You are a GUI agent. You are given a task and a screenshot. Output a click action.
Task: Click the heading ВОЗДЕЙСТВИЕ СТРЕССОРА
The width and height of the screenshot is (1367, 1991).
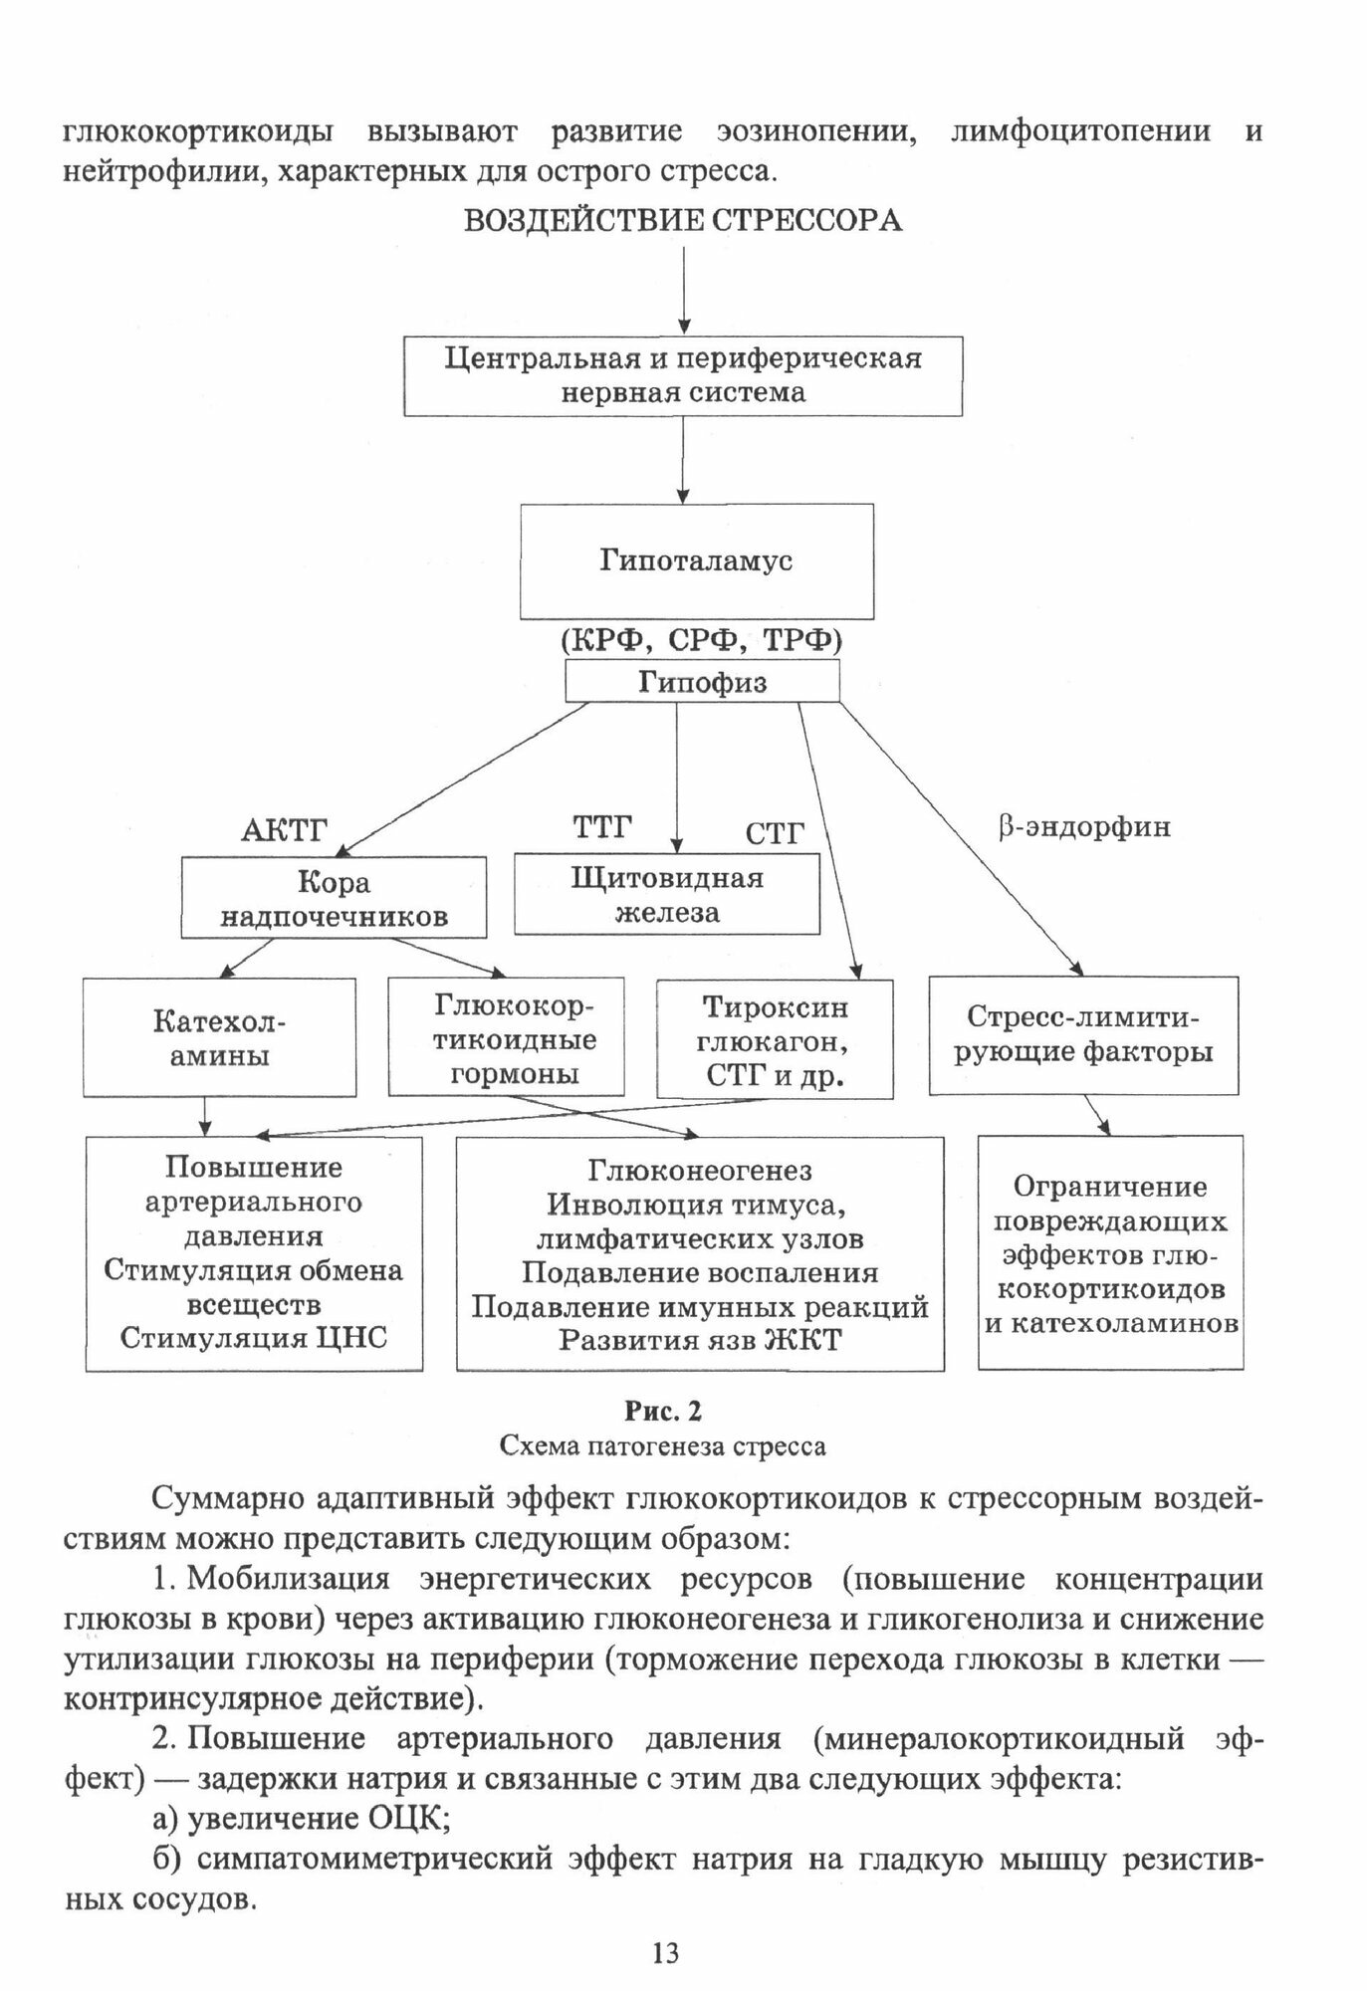pos(683,220)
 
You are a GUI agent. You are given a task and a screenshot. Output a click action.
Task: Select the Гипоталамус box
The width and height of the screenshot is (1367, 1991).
pos(696,560)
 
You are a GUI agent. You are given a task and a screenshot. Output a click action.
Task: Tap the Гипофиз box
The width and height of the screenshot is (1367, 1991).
pos(702,682)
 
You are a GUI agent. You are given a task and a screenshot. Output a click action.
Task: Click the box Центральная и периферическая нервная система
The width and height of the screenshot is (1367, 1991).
pos(683,374)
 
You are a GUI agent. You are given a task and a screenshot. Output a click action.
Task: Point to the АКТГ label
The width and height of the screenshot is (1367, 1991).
pos(285,829)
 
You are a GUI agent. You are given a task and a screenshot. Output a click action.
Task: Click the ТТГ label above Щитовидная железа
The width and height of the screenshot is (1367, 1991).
pos(602,826)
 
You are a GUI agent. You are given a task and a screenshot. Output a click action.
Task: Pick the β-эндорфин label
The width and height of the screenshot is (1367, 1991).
pos(1084,826)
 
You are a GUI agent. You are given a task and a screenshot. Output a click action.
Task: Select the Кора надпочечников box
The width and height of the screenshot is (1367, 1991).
pos(334,898)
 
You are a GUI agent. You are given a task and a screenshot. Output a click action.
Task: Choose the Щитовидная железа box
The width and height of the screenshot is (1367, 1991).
pos(666,894)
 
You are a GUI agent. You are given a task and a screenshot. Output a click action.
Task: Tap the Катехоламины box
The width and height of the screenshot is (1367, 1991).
pos(219,1037)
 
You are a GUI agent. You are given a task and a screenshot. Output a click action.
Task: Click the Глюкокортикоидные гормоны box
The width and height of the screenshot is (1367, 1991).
pos(506,1038)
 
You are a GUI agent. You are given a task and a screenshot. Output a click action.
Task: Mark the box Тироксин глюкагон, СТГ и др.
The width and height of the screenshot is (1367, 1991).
pos(775,1040)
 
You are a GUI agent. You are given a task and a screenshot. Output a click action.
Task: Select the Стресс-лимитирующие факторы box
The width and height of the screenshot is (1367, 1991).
pos(1083,1035)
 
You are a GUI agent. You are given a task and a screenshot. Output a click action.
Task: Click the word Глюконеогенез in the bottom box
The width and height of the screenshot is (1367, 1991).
pos(700,1170)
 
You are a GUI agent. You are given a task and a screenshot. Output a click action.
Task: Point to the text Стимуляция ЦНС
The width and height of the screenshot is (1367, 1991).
pos(254,1337)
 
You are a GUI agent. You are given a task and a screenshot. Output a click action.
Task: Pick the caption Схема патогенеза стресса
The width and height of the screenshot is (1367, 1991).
pos(662,1444)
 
